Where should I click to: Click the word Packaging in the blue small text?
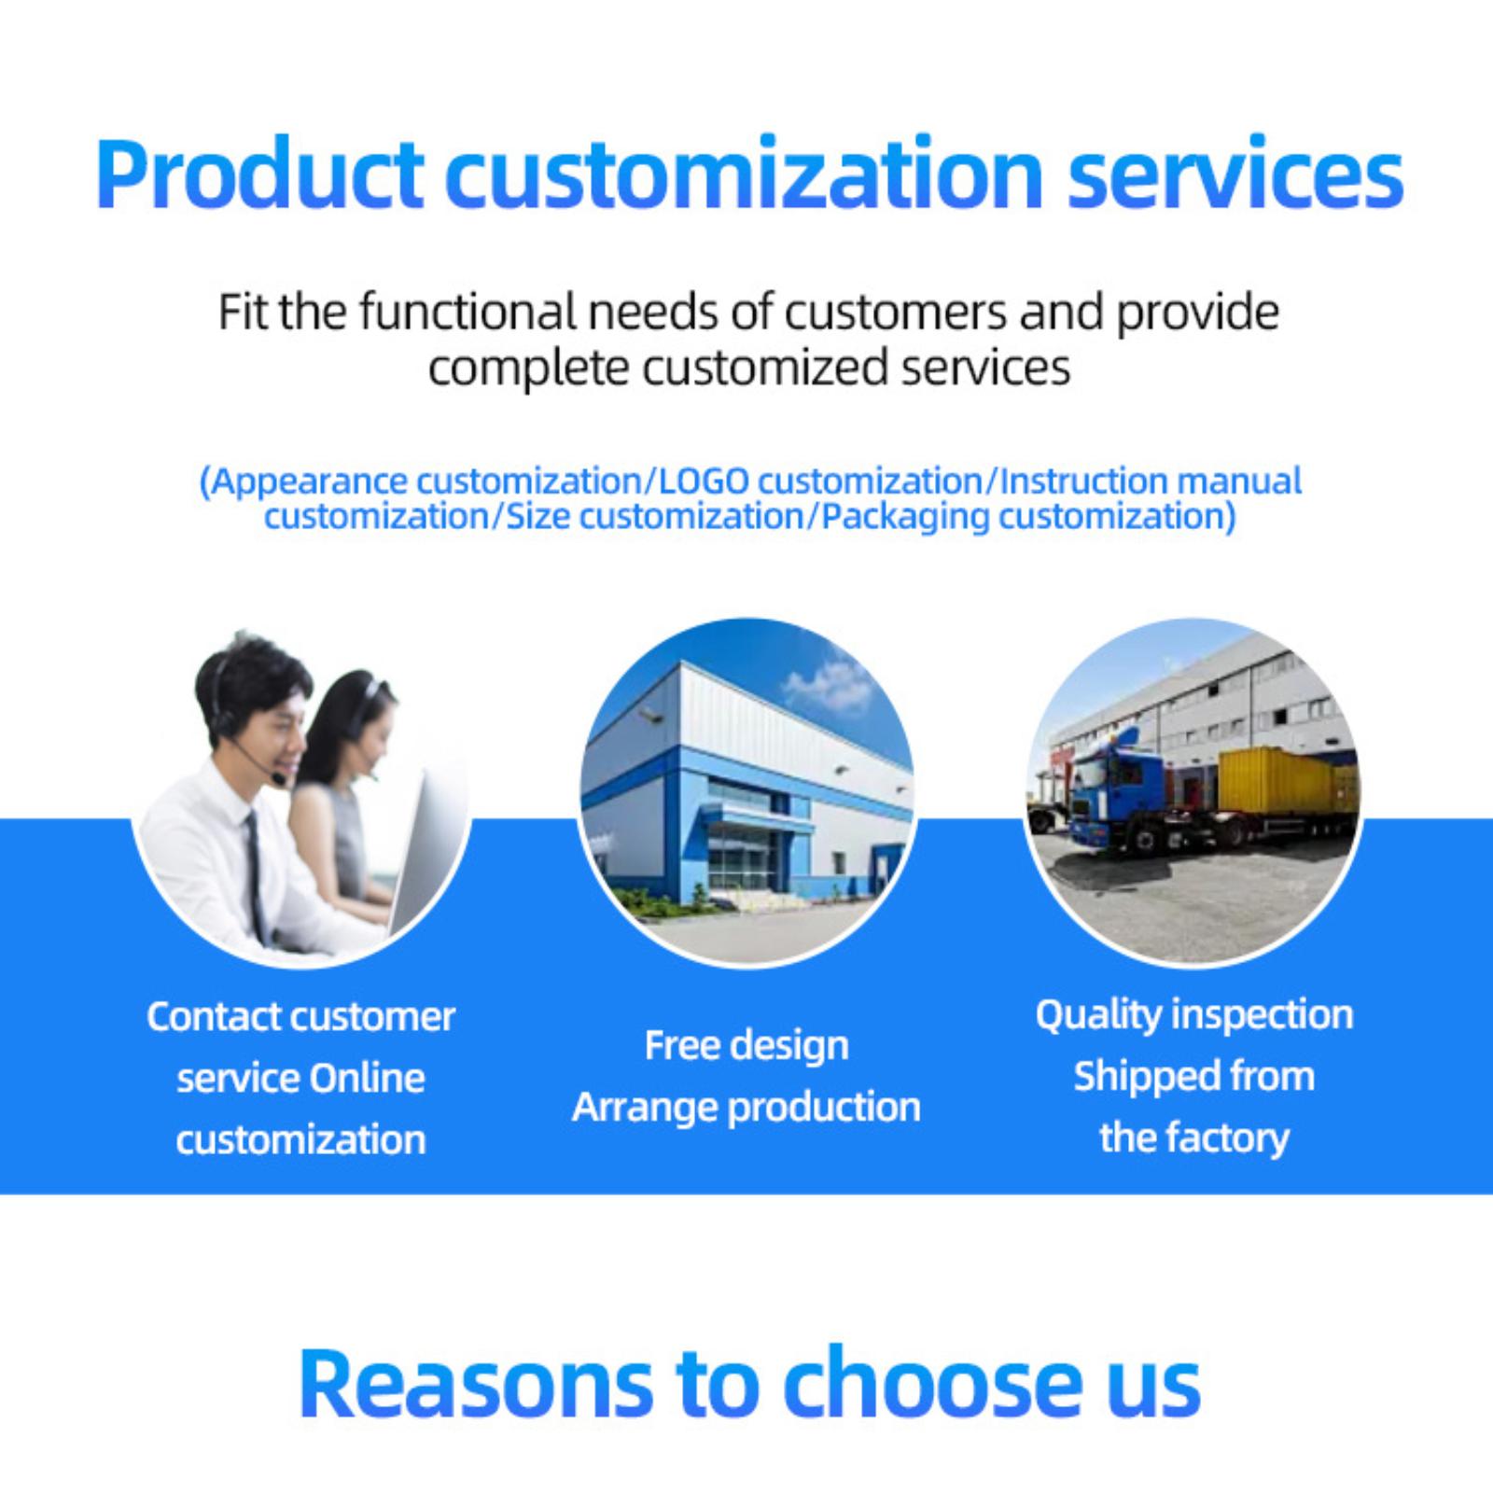click(x=903, y=517)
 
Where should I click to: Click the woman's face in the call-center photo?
click(x=359, y=737)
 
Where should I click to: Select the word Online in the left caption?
click(x=367, y=1078)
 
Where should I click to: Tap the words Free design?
click(x=746, y=1046)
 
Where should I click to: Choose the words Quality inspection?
click(x=1194, y=1015)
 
